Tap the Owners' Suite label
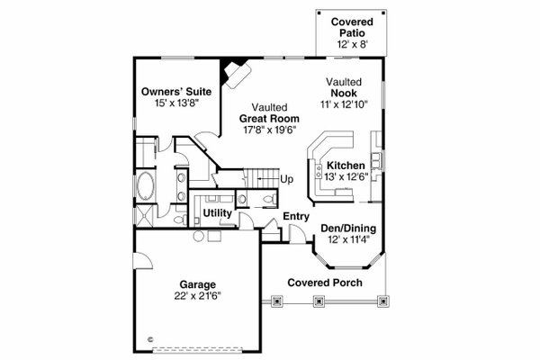click(170, 92)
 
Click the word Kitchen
click(346, 166)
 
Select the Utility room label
click(219, 213)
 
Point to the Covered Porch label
click(325, 283)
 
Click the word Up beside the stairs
click(287, 179)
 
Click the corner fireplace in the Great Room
click(237, 71)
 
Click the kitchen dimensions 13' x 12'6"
click(346, 177)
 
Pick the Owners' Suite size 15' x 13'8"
click(170, 103)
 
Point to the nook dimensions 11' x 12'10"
click(346, 104)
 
